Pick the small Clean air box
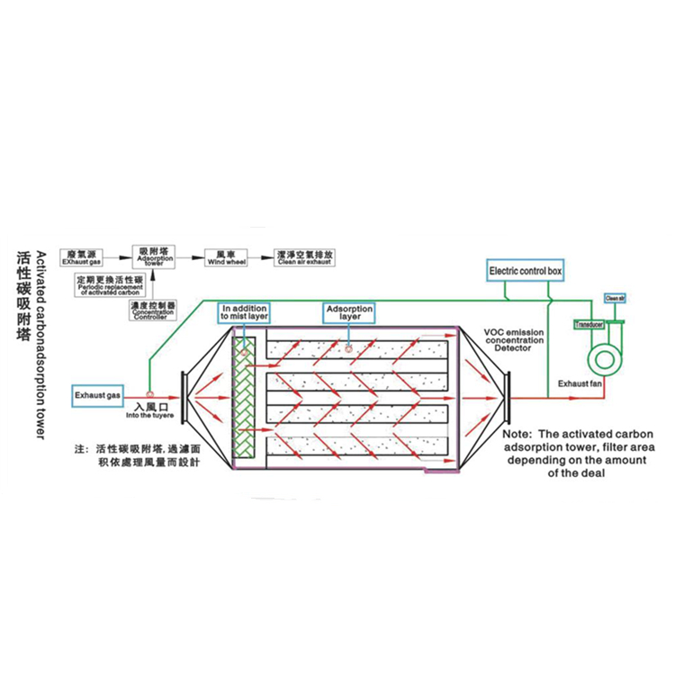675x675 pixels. [x=615, y=297]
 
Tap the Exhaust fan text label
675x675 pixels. [x=578, y=384]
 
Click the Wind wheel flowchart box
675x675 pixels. [x=220, y=257]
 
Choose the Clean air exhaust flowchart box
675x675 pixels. [x=305, y=257]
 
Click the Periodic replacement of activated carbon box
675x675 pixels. [x=110, y=285]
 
